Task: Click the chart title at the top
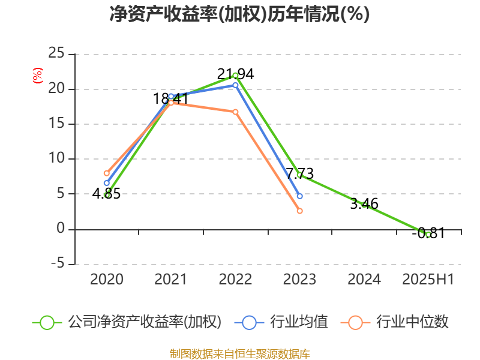(239, 14)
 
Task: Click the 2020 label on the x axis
(107, 280)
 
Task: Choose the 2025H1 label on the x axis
(428, 280)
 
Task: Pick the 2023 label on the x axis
(299, 280)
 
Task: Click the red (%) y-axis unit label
(37, 76)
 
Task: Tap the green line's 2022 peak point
(235, 76)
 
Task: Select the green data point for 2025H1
(428, 234)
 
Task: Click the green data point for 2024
(364, 205)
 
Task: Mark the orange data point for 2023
(300, 211)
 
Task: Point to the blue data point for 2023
(300, 196)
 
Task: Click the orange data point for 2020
(107, 173)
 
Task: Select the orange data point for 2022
(235, 112)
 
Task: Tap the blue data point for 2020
(107, 183)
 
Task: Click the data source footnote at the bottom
(239, 354)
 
